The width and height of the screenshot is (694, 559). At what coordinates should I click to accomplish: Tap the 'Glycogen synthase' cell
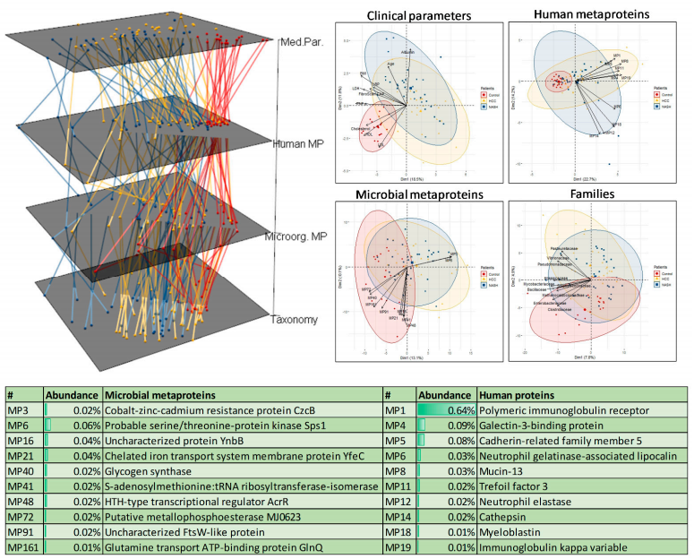tap(148, 471)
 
